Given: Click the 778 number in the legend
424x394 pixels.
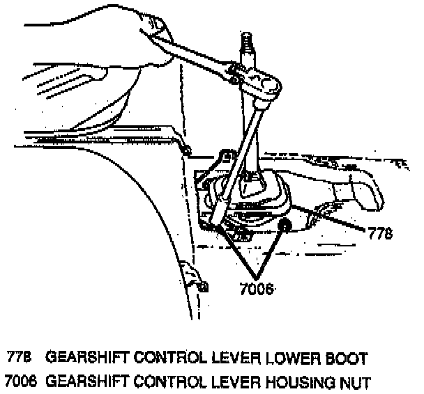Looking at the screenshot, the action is [x=19, y=358].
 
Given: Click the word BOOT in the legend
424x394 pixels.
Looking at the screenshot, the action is [x=346, y=358].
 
